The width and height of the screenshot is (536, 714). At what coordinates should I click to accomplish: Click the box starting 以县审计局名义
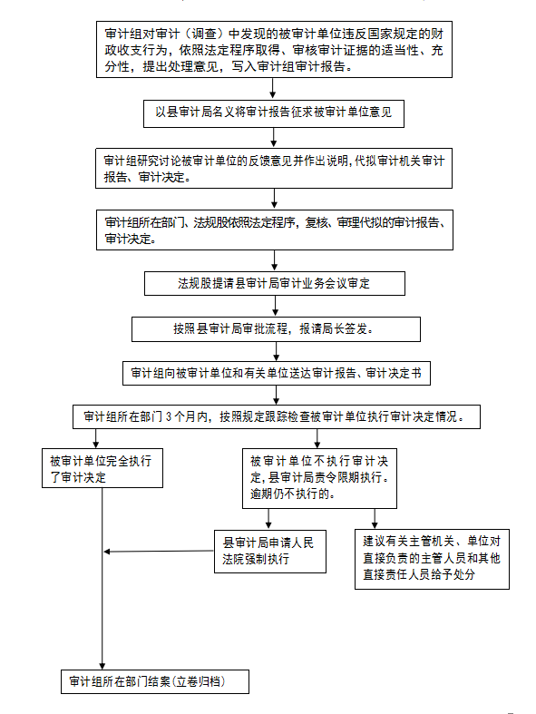pos(274,113)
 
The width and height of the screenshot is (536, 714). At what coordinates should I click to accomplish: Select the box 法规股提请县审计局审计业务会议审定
pos(275,284)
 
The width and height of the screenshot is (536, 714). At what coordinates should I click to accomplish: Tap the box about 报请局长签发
pos(276,329)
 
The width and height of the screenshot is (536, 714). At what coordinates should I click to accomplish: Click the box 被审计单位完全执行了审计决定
pos(102,468)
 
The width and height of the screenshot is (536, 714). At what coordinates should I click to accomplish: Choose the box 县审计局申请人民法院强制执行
pos(270,551)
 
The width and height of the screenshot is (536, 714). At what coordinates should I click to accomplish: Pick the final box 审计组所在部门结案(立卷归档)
pos(155,681)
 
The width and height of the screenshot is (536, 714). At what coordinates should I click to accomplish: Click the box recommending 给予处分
pos(433,559)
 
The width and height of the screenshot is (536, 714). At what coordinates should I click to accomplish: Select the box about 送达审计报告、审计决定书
pos(277,374)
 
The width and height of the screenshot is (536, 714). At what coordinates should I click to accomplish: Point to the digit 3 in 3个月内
pos(169,416)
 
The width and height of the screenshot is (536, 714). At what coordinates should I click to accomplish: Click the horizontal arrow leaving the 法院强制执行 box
pos(159,552)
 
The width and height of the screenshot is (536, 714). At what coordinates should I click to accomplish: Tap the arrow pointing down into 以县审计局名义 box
pos(273,88)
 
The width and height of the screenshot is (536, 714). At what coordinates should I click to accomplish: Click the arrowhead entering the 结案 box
pos(102,666)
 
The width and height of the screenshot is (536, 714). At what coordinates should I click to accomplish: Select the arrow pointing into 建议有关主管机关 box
pos(375,519)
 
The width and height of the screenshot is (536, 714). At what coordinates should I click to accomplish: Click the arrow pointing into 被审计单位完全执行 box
pos(96,438)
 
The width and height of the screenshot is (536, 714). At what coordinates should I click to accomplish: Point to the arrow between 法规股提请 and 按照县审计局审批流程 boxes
pos(276,306)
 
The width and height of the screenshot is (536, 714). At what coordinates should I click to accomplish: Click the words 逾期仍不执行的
pos(292,494)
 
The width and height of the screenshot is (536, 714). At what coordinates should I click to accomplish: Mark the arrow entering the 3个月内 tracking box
pos(276,395)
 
